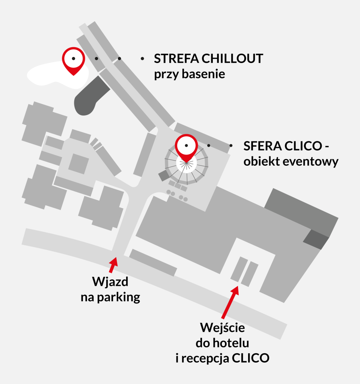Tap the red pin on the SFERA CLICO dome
pos(186,148)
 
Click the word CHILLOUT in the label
pos(232,59)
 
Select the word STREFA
pos(176,59)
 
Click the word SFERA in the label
pos(262,146)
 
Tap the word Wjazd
pos(110,282)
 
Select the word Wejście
pos(223,327)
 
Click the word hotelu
pos(231,343)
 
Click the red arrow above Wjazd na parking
pos(113,265)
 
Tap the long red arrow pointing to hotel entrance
pos(230,302)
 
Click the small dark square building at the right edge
pos(316,240)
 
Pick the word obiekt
pos(260,161)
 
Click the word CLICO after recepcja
pos(250,358)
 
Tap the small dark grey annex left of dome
pos(164,175)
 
